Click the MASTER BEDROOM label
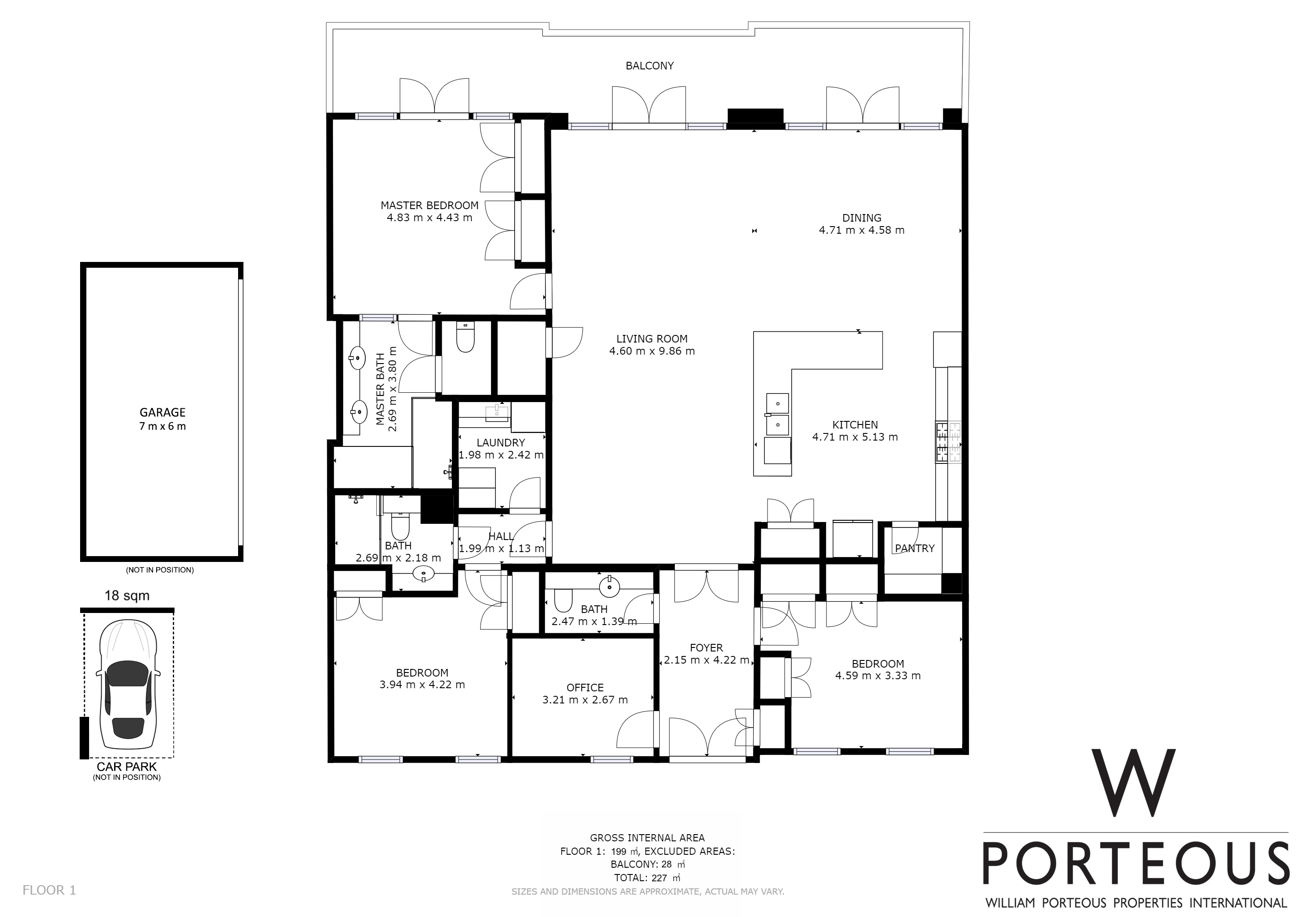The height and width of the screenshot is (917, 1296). [x=429, y=206]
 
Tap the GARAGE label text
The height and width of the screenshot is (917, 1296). [x=162, y=413]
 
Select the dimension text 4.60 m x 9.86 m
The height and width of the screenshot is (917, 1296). [x=652, y=351]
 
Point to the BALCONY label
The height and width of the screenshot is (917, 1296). [x=650, y=66]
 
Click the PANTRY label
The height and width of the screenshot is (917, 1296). [x=914, y=548]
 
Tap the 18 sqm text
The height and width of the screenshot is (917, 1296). [x=127, y=596]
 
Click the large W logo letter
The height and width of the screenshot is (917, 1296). [x=1134, y=783]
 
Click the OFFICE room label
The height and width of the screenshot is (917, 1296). [x=585, y=688]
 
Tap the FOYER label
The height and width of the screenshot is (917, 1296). [x=706, y=648]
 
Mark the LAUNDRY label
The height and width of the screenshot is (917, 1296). [x=501, y=443]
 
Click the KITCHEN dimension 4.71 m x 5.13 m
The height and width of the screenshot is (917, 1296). [x=855, y=437]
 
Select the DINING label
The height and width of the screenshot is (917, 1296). [x=861, y=218]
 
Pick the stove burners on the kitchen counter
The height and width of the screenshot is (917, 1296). [x=948, y=442]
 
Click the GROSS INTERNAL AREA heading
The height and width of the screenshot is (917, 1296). [x=648, y=838]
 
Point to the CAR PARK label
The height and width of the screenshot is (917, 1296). [x=127, y=767]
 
